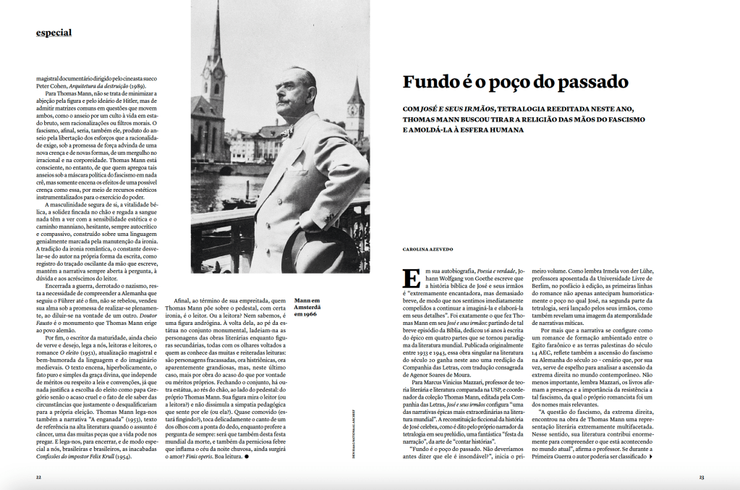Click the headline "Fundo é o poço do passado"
[x=516, y=81]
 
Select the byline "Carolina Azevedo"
[x=428, y=249]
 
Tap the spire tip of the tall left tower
[x=216, y=6]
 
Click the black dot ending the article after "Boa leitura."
[x=247, y=457]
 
